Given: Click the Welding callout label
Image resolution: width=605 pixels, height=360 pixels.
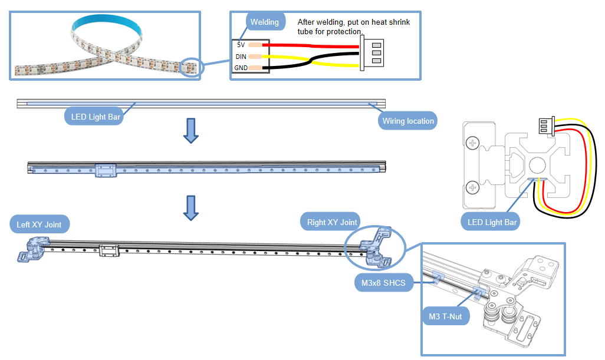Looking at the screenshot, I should tap(265, 22).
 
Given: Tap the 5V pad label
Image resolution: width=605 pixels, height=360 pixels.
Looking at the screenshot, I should tap(241, 45).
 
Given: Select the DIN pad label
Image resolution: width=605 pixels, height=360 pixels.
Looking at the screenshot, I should tap(241, 57).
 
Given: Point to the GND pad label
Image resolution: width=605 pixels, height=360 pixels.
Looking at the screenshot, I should tap(241, 68).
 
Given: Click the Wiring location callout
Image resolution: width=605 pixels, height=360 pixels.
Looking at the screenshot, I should tap(408, 121).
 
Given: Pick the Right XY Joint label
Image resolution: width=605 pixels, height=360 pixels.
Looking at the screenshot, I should tap(332, 223).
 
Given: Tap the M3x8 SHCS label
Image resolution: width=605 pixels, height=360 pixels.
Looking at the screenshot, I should tap(384, 283).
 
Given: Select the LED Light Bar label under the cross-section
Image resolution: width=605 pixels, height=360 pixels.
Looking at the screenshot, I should tap(492, 222).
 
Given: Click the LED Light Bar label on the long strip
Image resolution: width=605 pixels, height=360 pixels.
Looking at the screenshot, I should tap(96, 117).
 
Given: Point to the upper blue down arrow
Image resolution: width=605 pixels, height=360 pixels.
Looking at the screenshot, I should tap(190, 130).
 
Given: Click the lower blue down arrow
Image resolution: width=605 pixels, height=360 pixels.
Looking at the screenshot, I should tap(190, 207).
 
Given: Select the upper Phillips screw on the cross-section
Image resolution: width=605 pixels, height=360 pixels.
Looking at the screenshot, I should tap(472, 143).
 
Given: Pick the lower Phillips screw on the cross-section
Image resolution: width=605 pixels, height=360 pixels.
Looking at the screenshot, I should tap(472, 188).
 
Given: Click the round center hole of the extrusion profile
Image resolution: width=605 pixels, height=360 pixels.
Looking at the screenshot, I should tap(537, 166).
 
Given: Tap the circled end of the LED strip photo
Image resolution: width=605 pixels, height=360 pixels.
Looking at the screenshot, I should tap(192, 67).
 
